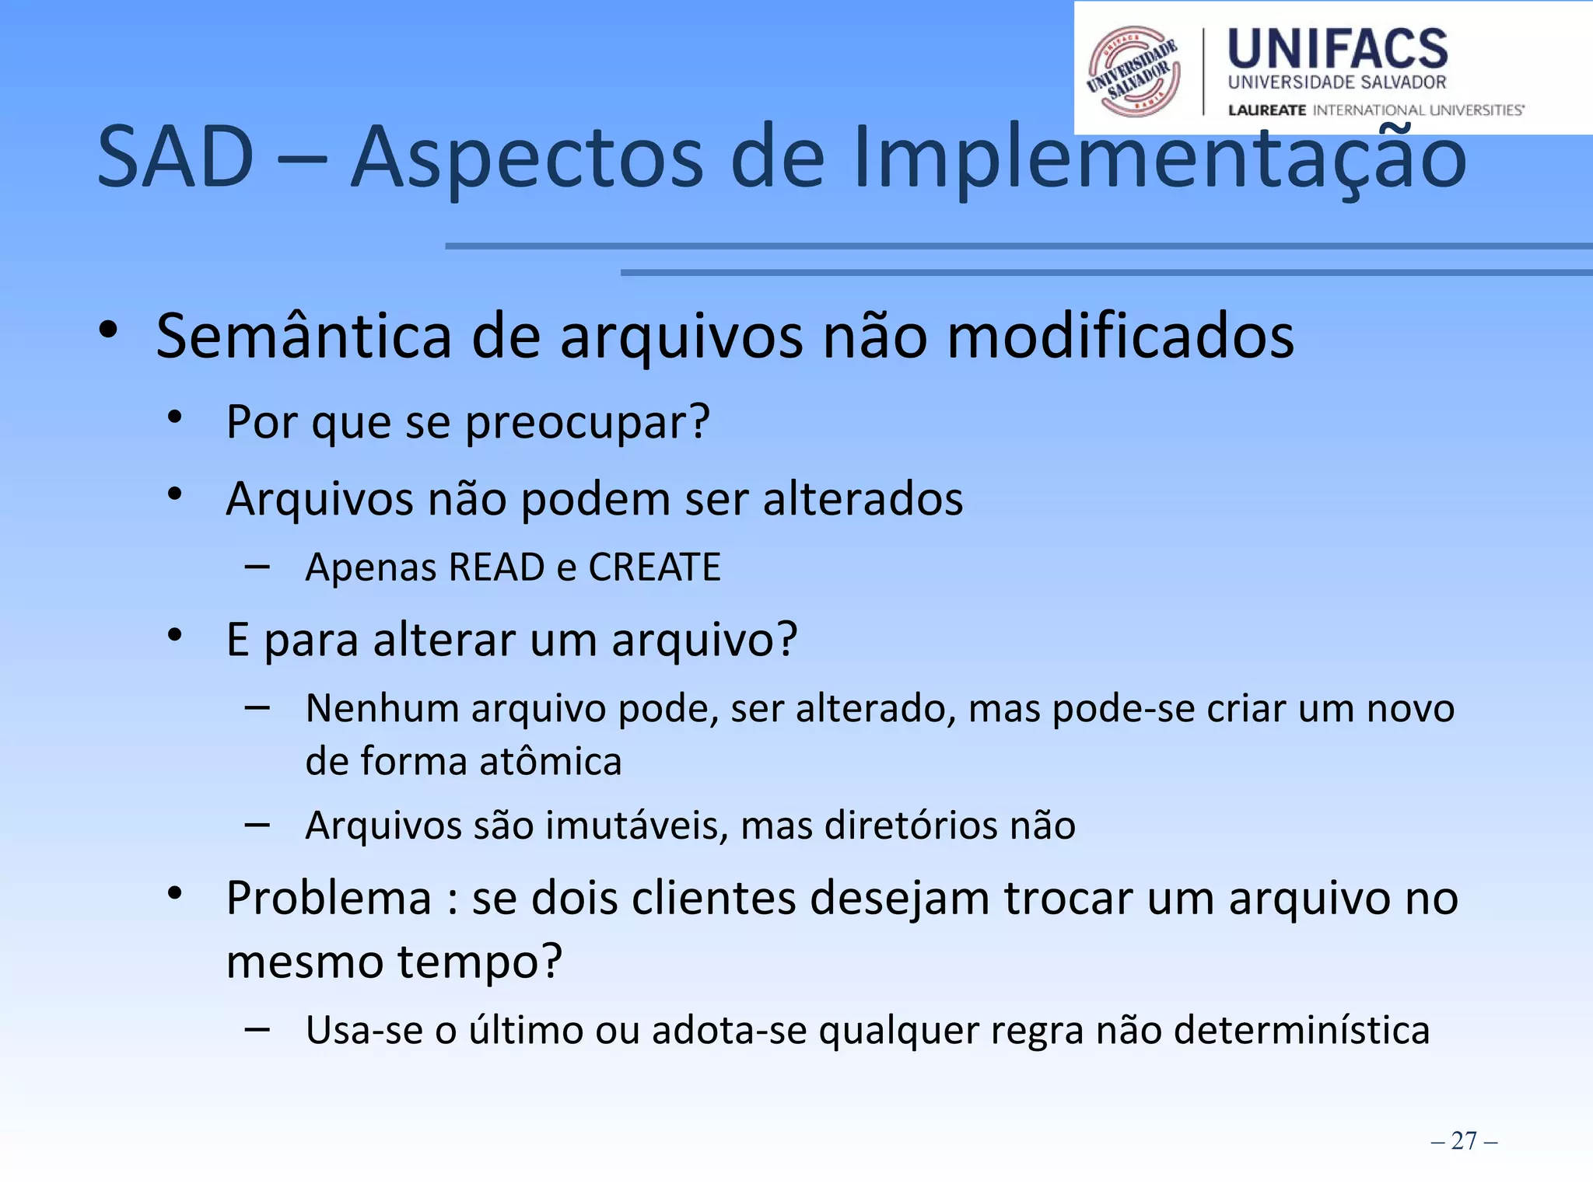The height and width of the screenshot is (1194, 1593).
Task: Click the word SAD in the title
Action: (176, 158)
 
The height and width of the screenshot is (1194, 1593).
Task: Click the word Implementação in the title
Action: (1159, 159)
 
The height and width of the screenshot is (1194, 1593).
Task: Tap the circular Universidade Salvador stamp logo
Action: (1133, 72)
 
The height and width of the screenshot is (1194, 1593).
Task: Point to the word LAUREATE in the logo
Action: (1266, 110)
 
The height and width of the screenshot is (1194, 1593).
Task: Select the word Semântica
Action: (304, 336)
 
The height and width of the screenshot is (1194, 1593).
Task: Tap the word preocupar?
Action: (587, 423)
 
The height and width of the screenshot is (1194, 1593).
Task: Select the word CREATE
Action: (654, 567)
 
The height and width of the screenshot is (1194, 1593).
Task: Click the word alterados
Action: (863, 498)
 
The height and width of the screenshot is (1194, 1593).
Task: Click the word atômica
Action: (550, 761)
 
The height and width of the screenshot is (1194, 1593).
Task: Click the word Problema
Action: (328, 899)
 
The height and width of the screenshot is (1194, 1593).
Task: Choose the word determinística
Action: (1301, 1031)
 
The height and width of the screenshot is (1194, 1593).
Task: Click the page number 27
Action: (1464, 1140)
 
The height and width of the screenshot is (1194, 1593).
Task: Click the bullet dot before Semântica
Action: (108, 330)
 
